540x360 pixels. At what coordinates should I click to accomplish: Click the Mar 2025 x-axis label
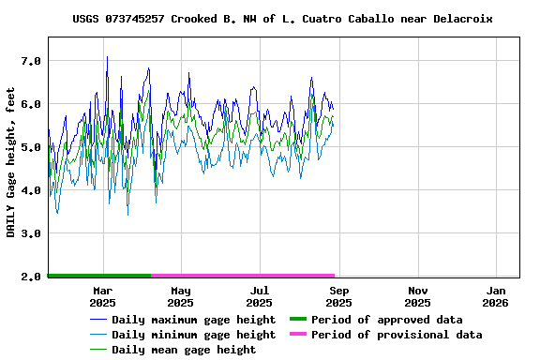click(102, 296)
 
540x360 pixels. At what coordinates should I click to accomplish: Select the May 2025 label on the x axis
click(181, 296)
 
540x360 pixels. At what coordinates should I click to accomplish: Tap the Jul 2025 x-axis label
click(260, 296)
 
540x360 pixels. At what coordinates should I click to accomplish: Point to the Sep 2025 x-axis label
click(339, 296)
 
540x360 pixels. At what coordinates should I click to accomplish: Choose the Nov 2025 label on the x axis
click(418, 296)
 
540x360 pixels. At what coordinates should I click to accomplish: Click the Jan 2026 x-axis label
click(496, 296)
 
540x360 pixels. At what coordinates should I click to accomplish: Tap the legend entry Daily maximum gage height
click(193, 320)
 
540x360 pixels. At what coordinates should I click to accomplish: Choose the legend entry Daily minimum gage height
click(193, 335)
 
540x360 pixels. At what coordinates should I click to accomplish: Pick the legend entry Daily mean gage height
click(183, 350)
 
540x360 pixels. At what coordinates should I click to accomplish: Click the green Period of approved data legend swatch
click(298, 320)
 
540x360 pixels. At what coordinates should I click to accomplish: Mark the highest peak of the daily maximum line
click(107, 57)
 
